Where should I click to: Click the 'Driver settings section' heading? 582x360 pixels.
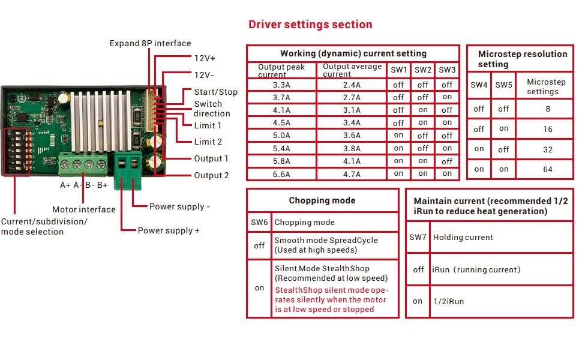310,25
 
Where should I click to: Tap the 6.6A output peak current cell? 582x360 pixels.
281,174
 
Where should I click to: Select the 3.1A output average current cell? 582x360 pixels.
351,110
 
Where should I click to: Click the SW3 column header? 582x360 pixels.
447,70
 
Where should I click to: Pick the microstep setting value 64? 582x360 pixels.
547,169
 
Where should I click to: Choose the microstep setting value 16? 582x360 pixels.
547,129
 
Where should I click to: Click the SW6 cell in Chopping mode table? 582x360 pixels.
259,222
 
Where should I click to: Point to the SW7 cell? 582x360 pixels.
418,238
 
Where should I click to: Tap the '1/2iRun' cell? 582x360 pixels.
448,301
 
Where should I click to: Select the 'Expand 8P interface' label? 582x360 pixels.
150,43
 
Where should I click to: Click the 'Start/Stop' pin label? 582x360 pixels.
215,92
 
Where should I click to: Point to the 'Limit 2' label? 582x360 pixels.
208,142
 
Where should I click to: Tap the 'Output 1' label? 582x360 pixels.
211,158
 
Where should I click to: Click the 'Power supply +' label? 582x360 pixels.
169,230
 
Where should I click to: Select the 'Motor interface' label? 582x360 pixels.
84,209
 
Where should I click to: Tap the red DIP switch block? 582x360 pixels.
17,152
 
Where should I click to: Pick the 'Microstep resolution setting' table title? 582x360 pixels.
522,59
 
